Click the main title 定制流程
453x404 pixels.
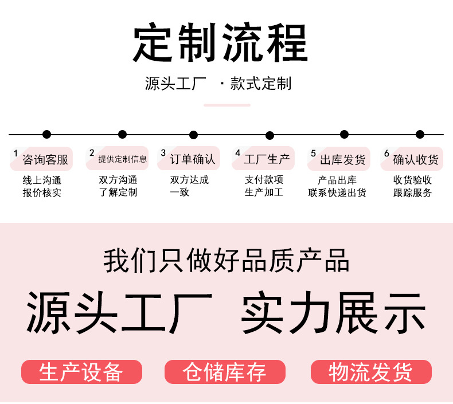pos(220,42)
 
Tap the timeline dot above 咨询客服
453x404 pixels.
pos(46,134)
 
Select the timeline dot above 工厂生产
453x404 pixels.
pos(270,135)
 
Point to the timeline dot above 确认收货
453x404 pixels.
pos(420,134)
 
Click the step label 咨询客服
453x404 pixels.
pos(45,159)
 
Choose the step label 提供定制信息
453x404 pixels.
pos(123,159)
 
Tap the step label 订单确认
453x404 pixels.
pos(193,159)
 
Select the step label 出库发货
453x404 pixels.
pos(343,159)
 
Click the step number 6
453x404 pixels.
pos(386,153)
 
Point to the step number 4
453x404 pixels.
pos(238,152)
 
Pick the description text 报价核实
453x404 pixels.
pos(42,193)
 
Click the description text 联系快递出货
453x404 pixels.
pos(337,193)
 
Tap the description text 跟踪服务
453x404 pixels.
pos(412,193)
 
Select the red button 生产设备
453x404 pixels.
pos(81,372)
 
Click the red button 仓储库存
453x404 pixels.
pos(225,372)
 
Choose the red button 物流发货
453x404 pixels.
pos(371,372)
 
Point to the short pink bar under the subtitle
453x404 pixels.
pos(227,105)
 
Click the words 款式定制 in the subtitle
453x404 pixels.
pos(260,84)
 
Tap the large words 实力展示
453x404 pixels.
pos(333,313)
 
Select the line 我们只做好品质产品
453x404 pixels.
pos(226,261)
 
